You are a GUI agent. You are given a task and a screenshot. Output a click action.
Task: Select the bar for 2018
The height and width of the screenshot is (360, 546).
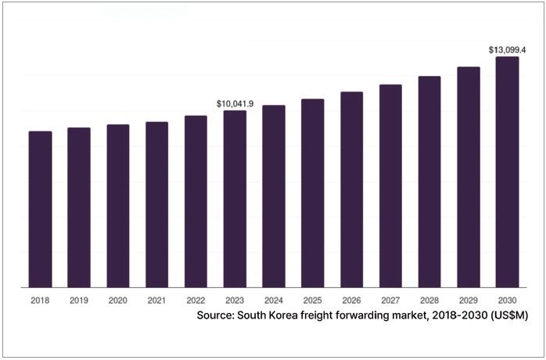40,209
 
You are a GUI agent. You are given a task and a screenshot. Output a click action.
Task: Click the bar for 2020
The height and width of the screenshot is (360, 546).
118,206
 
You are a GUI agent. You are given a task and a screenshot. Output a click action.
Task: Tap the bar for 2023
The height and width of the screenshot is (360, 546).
235,199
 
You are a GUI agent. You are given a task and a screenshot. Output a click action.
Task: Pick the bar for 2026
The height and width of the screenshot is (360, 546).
351,189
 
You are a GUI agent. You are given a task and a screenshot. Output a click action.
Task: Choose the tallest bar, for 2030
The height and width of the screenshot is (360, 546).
507,172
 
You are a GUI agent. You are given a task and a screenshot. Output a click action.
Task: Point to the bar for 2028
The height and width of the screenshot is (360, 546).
429,182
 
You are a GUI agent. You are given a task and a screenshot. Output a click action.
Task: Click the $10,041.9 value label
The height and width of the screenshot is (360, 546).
235,103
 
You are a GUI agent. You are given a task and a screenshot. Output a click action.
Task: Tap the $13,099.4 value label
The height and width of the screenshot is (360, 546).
507,50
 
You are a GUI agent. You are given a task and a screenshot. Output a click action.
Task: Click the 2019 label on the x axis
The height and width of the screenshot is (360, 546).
79,300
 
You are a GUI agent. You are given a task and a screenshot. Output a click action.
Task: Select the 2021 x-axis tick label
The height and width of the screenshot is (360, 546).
156,300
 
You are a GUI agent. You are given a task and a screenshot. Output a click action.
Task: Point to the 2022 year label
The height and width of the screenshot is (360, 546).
196,300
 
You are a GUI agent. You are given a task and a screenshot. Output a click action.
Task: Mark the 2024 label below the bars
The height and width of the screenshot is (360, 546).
274,300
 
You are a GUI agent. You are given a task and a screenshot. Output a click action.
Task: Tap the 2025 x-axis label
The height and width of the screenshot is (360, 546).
312,300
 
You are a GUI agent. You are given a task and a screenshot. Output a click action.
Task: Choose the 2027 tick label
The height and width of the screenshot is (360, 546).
390,300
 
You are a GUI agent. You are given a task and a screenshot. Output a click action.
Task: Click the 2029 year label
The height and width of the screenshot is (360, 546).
468,300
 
